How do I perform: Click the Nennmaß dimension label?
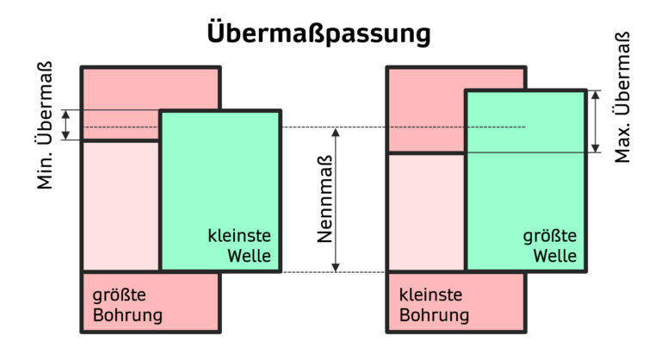pyautogui.click(x=326, y=200)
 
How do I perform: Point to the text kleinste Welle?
pyautogui.click(x=239, y=245)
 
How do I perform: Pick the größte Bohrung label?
pyautogui.click(x=127, y=305)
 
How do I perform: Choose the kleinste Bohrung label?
pyautogui.click(x=435, y=305)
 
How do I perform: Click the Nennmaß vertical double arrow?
pyautogui.click(x=337, y=200)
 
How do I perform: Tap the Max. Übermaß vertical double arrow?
pyautogui.click(x=595, y=121)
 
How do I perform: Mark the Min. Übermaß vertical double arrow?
pyautogui.click(x=66, y=125)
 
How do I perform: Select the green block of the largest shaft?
pyautogui.click(x=526, y=172)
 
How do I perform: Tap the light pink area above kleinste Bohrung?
pyautogui.click(x=426, y=211)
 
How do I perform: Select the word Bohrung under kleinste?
pyautogui.click(x=435, y=315)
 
